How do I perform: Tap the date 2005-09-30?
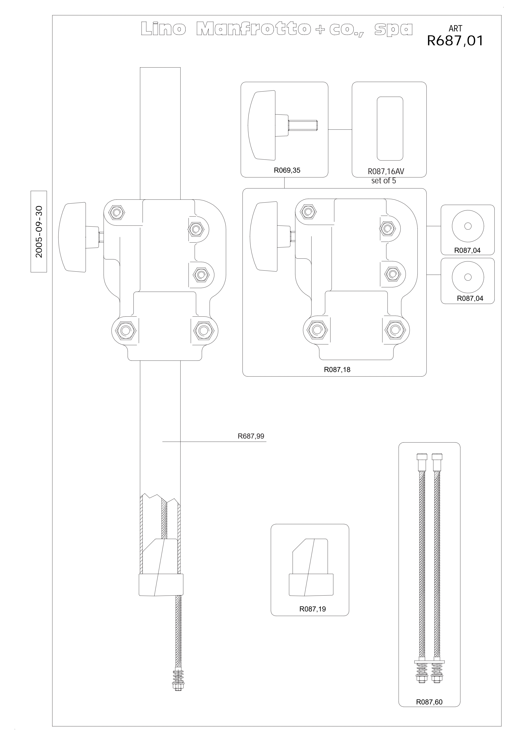tap(39, 232)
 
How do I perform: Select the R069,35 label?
tap(287, 170)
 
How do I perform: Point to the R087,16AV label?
tap(386, 172)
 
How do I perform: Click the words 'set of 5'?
tap(384, 181)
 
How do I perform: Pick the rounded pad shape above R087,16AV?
tap(390, 129)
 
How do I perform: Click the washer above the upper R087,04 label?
tap(468, 226)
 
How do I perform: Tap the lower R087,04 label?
tap(470, 299)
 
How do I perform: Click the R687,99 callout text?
tap(251, 436)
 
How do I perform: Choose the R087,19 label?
tap(313, 609)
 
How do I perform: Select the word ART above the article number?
tap(455, 28)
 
